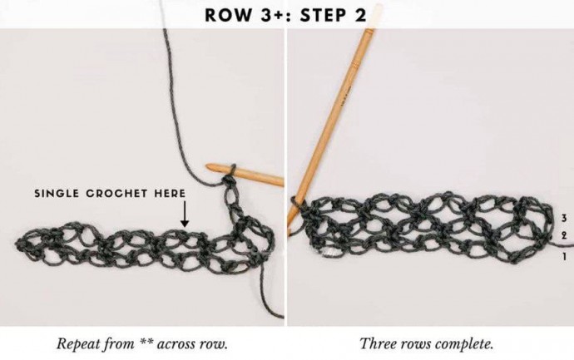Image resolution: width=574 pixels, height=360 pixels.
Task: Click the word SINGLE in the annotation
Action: [x=57, y=193]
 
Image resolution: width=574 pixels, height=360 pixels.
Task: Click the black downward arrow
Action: [x=185, y=214]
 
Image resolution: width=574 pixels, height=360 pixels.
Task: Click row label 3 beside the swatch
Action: [x=564, y=218]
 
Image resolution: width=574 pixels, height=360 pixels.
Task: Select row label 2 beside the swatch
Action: [x=564, y=235]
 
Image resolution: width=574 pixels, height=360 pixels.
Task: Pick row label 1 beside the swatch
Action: [x=564, y=256]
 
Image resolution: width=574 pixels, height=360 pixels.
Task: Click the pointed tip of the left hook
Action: [x=207, y=167]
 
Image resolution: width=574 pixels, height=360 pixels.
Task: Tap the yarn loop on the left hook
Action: [x=232, y=171]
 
